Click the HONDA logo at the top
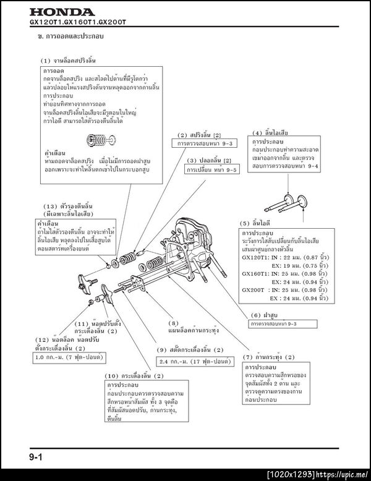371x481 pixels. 61,12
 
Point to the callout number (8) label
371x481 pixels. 174,323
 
